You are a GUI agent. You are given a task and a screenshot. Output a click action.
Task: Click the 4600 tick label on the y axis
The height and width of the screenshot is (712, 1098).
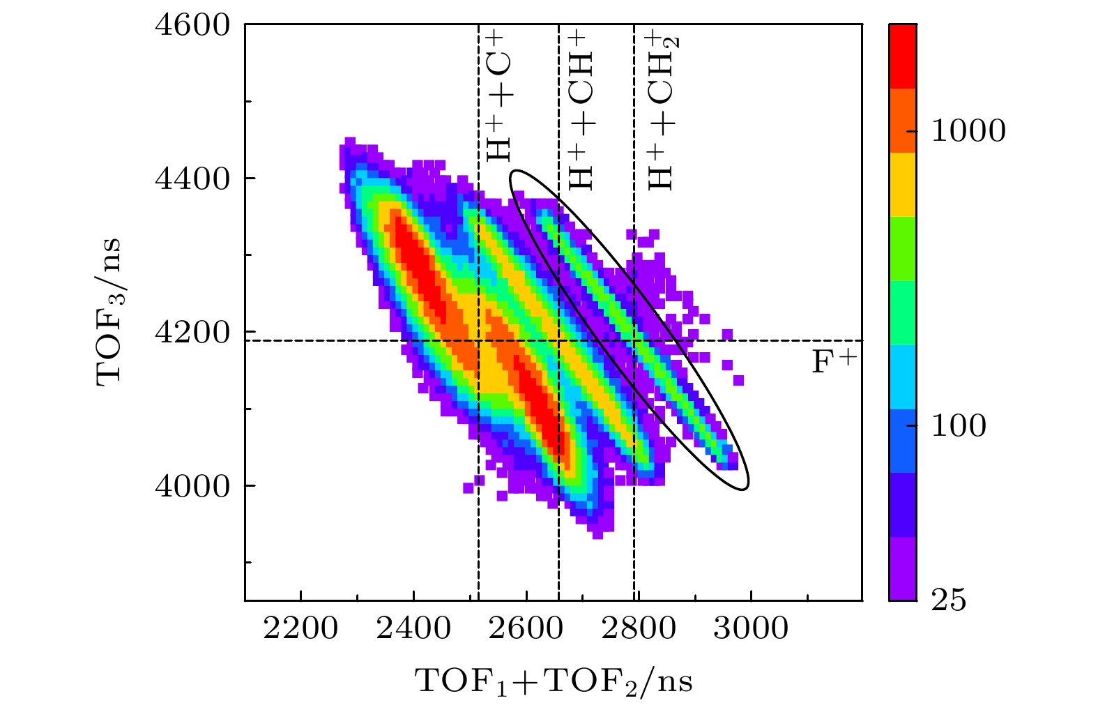(192, 25)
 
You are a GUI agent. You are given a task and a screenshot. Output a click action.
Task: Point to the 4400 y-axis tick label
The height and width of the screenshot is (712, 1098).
(192, 179)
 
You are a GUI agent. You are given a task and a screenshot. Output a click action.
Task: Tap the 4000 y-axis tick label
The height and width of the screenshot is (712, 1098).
(192, 487)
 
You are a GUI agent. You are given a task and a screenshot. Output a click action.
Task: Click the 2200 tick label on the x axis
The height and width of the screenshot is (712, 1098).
(300, 628)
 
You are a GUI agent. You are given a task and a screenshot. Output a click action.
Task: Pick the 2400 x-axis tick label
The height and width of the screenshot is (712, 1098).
(413, 628)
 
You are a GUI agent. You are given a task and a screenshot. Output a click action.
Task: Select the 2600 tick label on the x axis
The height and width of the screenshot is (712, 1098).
(526, 628)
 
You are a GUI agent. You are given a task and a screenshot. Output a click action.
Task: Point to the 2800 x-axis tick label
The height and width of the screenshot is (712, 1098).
(639, 628)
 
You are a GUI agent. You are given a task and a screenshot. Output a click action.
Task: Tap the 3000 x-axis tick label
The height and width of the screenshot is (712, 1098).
(751, 628)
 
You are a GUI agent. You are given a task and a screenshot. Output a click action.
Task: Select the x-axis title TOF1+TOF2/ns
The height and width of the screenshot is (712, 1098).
(554, 681)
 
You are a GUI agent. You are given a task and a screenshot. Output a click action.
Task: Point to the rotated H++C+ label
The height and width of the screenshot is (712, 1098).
(499, 98)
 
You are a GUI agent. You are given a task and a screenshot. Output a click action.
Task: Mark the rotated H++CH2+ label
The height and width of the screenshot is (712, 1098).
(661, 110)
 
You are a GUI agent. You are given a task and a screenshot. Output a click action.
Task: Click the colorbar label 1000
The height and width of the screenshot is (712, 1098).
(968, 131)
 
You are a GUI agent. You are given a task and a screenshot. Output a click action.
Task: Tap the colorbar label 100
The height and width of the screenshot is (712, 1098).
(959, 426)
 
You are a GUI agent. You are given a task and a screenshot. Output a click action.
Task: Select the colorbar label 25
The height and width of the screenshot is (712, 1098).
(949, 600)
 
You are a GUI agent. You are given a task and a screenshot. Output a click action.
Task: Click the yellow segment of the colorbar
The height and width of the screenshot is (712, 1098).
(903, 184)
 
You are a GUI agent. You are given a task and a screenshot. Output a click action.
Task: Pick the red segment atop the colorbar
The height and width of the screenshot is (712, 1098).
(903, 56)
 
